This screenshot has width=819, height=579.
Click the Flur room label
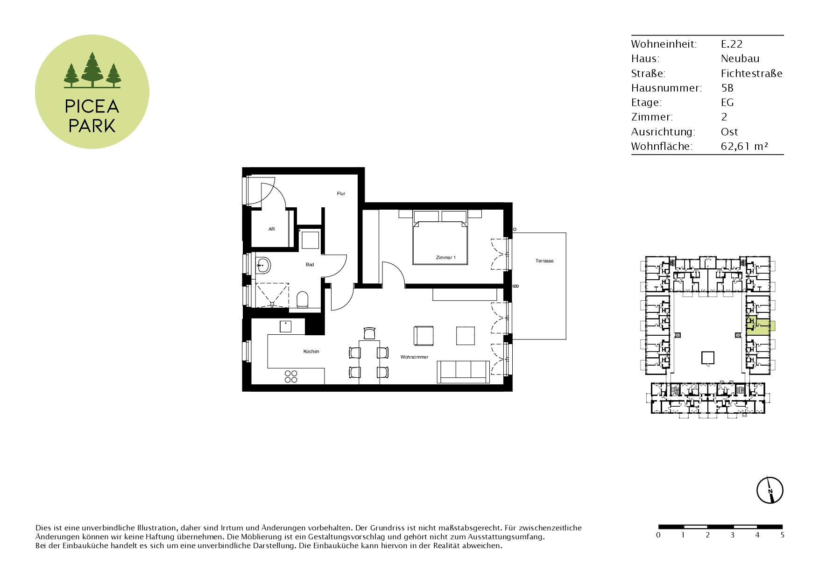(x=341, y=193)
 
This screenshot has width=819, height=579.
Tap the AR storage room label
(x=272, y=229)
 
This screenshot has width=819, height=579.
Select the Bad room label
(x=310, y=265)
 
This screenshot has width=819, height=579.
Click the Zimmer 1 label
(x=445, y=258)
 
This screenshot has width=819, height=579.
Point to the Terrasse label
(x=544, y=261)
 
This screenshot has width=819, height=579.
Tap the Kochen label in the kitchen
(x=311, y=352)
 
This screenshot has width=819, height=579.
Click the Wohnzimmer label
(x=414, y=357)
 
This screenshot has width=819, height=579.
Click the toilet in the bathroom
(x=303, y=299)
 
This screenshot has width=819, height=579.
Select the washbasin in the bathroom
(x=263, y=265)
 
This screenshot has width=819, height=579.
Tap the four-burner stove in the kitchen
(x=291, y=376)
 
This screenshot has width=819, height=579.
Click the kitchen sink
(x=285, y=326)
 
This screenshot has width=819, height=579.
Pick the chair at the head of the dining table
(x=369, y=333)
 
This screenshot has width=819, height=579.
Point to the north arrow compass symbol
(x=770, y=490)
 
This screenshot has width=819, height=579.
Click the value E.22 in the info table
(x=732, y=44)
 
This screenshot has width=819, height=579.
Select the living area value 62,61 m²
(x=744, y=146)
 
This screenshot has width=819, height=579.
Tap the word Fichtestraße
(x=752, y=73)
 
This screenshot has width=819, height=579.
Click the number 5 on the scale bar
(x=782, y=535)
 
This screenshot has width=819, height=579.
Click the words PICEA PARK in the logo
(x=92, y=116)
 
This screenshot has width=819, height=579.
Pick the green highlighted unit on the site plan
(x=760, y=326)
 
